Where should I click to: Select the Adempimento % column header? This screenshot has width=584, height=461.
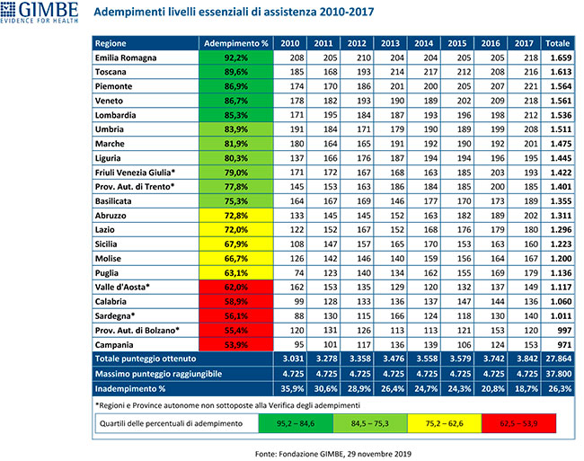click(236, 42)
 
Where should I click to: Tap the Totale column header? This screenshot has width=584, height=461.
click(558, 42)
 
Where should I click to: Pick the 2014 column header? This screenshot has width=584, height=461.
click(420, 42)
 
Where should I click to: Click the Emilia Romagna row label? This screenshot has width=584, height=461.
click(127, 58)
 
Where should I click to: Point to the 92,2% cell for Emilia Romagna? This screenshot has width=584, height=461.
click(236, 58)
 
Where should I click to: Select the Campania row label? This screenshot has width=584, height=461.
click(116, 344)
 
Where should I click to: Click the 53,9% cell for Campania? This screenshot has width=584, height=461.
click(236, 344)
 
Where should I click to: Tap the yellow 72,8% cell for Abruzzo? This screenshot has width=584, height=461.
click(236, 217)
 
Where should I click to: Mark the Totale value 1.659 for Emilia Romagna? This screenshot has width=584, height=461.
click(558, 58)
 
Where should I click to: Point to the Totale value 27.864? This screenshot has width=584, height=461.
click(558, 359)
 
